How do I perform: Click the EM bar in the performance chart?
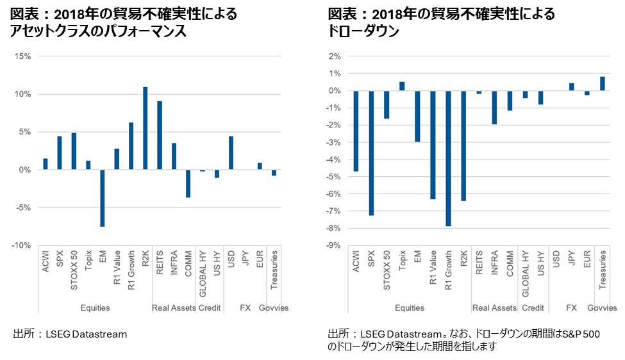pyautogui.click(x=103, y=198)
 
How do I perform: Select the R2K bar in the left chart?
pyautogui.click(x=146, y=128)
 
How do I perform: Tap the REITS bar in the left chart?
pyautogui.click(x=160, y=135)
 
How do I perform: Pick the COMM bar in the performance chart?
pyautogui.click(x=188, y=183)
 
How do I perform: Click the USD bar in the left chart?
pyautogui.click(x=231, y=153)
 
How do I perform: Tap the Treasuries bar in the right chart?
pyautogui.click(x=603, y=83)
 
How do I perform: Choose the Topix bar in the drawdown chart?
pyautogui.click(x=402, y=86)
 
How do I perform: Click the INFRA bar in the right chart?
pyautogui.click(x=494, y=107)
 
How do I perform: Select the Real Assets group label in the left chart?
pyautogui.click(x=174, y=308)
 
